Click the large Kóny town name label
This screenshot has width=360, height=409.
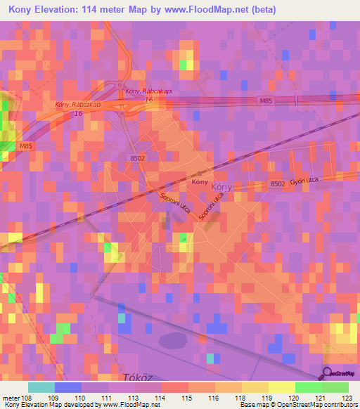(x=221, y=188)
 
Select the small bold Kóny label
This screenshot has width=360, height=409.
(x=199, y=182)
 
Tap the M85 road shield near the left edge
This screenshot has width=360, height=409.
(x=26, y=145)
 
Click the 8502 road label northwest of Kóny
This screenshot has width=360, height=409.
(x=137, y=159)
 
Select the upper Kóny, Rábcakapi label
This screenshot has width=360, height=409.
(x=145, y=91)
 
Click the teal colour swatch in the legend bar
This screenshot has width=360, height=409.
(x=41, y=387)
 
